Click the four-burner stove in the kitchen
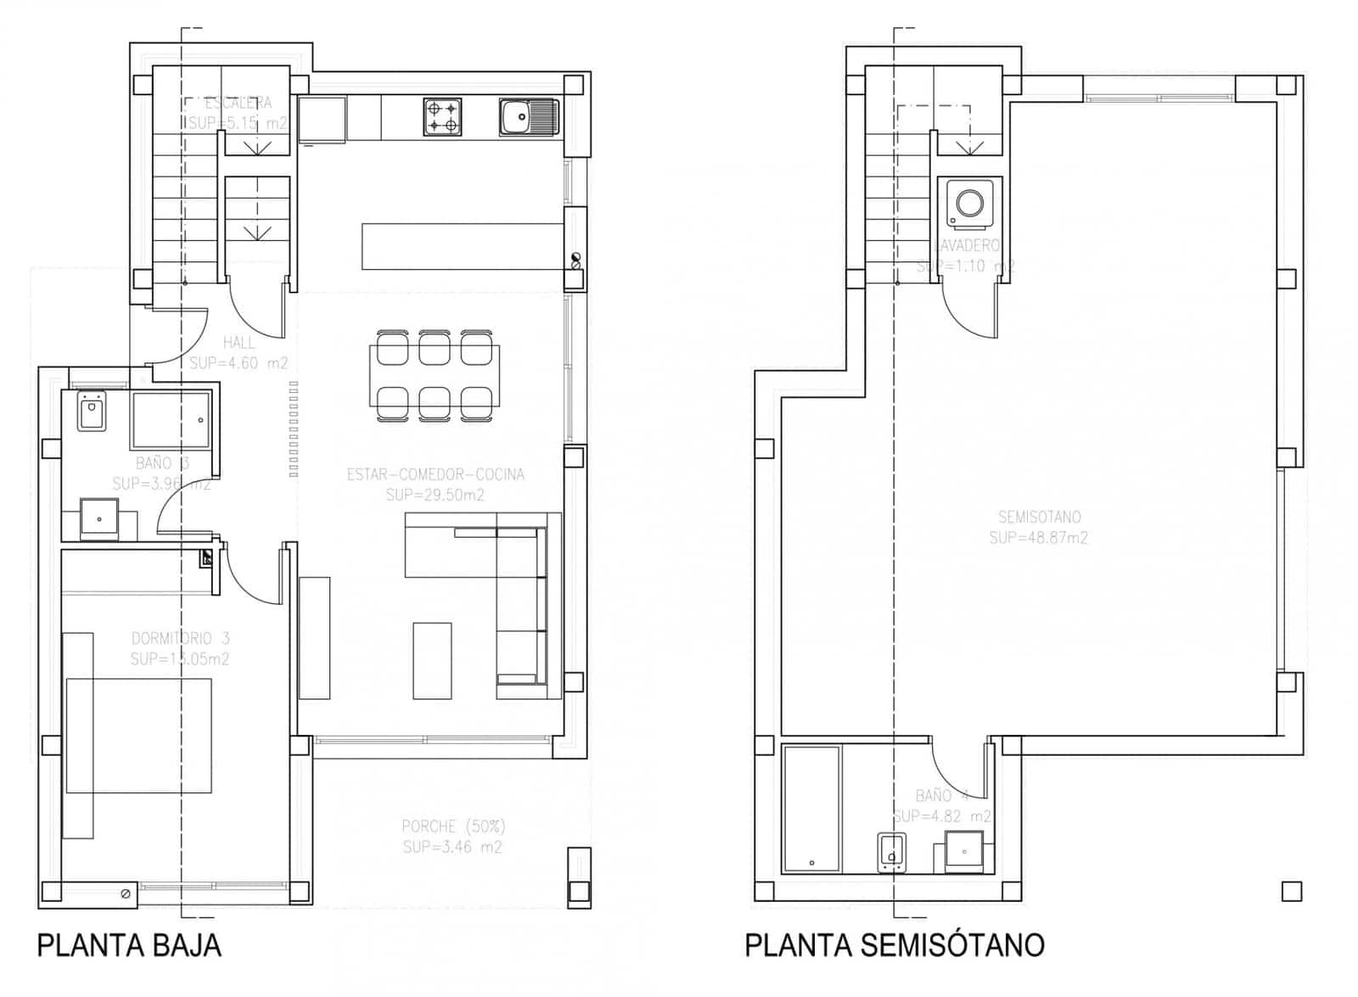pos(442,117)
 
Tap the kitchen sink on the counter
pos(528,117)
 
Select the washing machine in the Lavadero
pos(969,204)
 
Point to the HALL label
pos(238,343)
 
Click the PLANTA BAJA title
pos(129,944)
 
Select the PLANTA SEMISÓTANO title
pos(895,944)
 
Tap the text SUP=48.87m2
pos(1038,538)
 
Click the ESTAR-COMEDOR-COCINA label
pos(435,474)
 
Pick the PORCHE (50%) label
pos(452,826)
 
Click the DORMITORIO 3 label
pos(180,638)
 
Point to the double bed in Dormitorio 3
pos(138,735)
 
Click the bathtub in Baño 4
pos(811,808)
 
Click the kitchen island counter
pos(463,246)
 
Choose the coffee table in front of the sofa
pos(432,660)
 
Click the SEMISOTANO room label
pos(1039,517)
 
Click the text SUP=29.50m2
pos(435,496)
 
